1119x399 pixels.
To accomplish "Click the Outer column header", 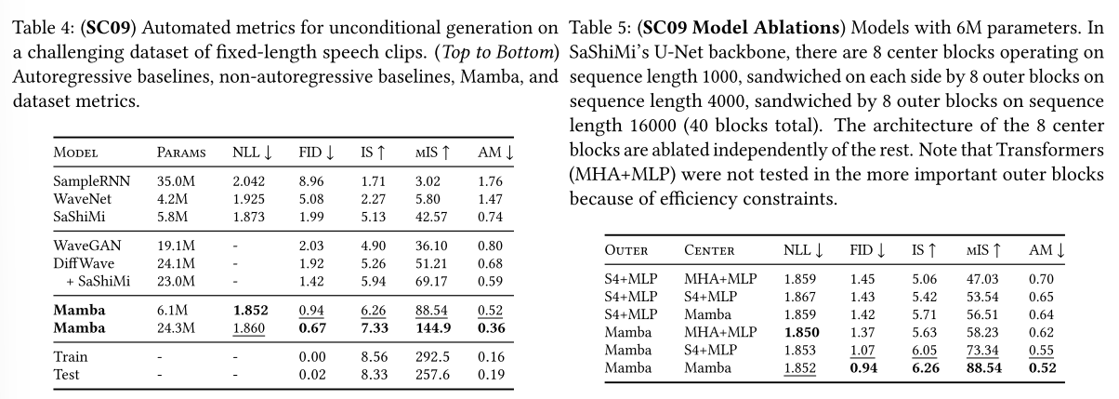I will [x=625, y=249].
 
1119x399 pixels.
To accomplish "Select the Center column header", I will [x=711, y=249].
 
